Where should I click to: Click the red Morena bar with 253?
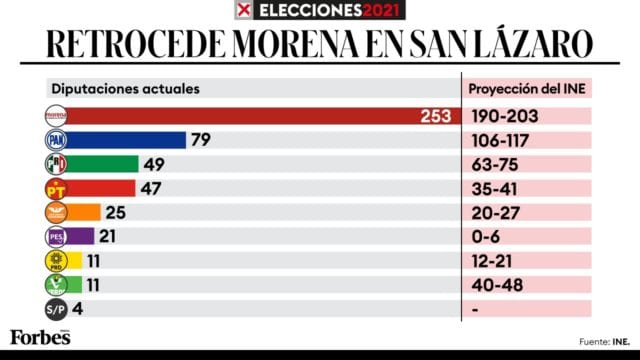tap(250, 116)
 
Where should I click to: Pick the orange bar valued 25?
tap(85, 212)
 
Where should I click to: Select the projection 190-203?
tap(504, 116)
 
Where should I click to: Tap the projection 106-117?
tap(504, 140)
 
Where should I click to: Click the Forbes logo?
tap(40, 337)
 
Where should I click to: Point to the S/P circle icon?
tap(56, 308)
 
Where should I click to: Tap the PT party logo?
tap(56, 188)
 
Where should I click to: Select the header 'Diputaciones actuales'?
tap(124, 88)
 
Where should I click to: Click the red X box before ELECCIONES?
tap(241, 11)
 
